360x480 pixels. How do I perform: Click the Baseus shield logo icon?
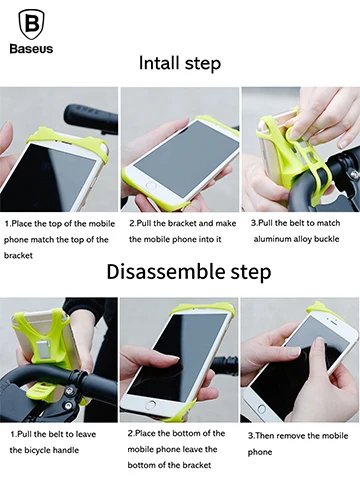tap(31, 25)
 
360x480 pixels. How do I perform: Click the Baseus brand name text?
tap(31, 49)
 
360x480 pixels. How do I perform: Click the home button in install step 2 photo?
tap(151, 185)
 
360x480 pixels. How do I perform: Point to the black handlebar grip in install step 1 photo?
tap(91, 117)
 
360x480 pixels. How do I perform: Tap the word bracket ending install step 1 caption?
tap(18, 256)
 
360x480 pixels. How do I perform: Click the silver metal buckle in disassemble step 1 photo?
tap(45, 352)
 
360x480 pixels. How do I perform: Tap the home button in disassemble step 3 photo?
tap(261, 409)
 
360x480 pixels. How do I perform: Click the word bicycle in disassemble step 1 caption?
tap(37, 450)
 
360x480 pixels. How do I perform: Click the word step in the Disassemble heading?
tap(251, 272)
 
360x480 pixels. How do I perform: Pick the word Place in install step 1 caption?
tap(22, 223)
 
